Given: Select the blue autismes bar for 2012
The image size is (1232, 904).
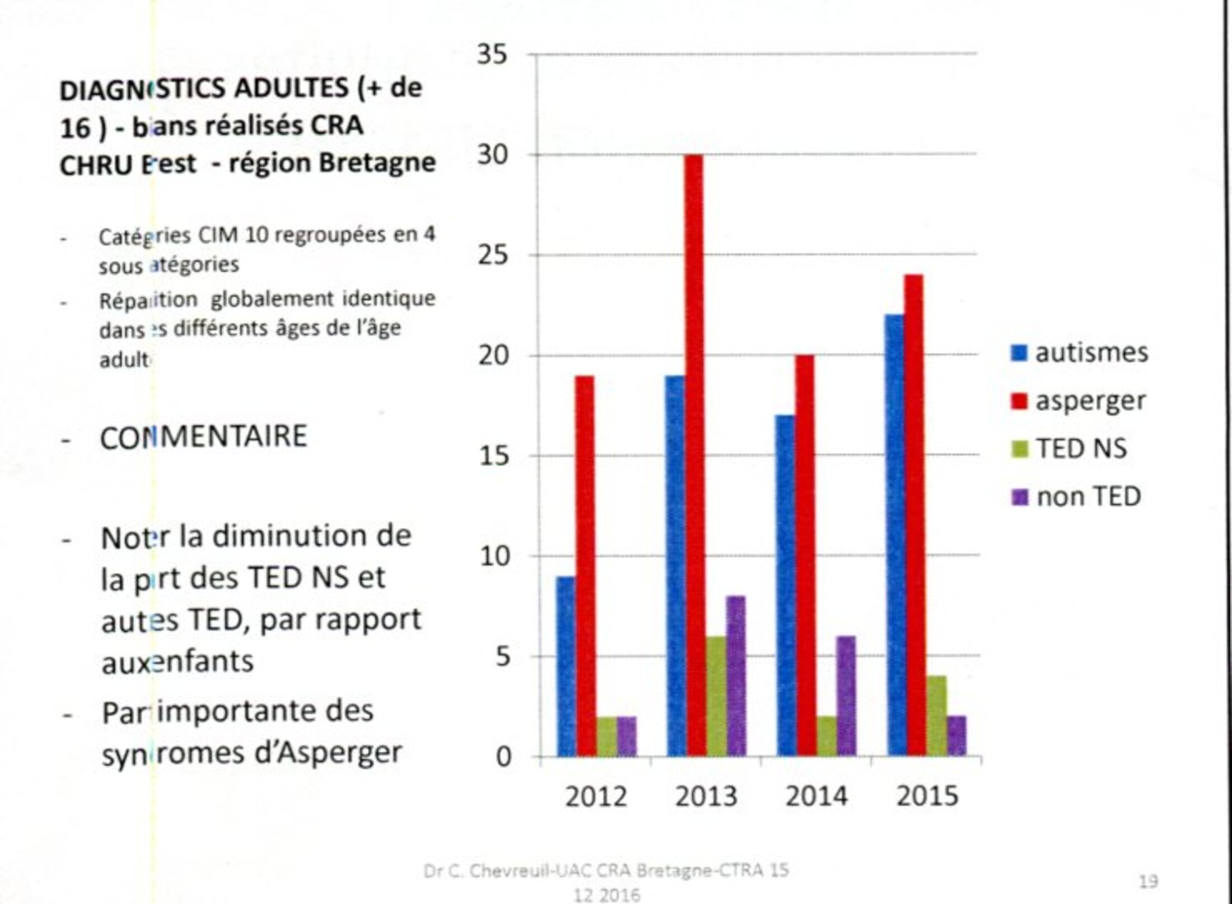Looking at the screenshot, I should (x=566, y=667).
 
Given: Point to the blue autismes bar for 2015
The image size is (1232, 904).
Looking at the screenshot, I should (x=895, y=535).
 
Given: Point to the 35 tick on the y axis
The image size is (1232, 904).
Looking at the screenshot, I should (x=492, y=55).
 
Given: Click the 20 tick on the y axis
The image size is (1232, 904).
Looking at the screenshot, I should (x=493, y=356).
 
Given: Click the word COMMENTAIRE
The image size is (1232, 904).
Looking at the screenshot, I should (x=203, y=437).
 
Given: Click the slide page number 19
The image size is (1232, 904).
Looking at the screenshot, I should (x=1148, y=882).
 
